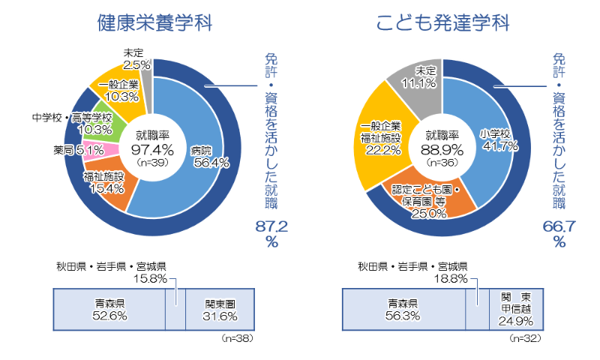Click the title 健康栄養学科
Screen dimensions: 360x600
pos(154,22)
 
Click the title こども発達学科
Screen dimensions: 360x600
pos(442,22)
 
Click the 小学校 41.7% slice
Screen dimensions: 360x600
pos(495,139)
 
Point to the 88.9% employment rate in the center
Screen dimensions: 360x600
pos(442,149)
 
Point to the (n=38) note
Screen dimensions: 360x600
pos(238,339)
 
